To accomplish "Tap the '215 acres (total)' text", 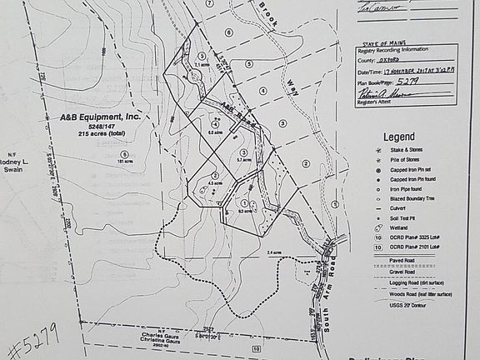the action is pyautogui.click(x=102, y=133).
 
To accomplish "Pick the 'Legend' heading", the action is pyautogui.click(x=398, y=137).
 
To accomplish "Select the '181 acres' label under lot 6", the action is pyautogui.click(x=125, y=162).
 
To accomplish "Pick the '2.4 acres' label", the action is pyautogui.click(x=273, y=252).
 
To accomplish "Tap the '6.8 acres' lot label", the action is pyautogui.click(x=214, y=132).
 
